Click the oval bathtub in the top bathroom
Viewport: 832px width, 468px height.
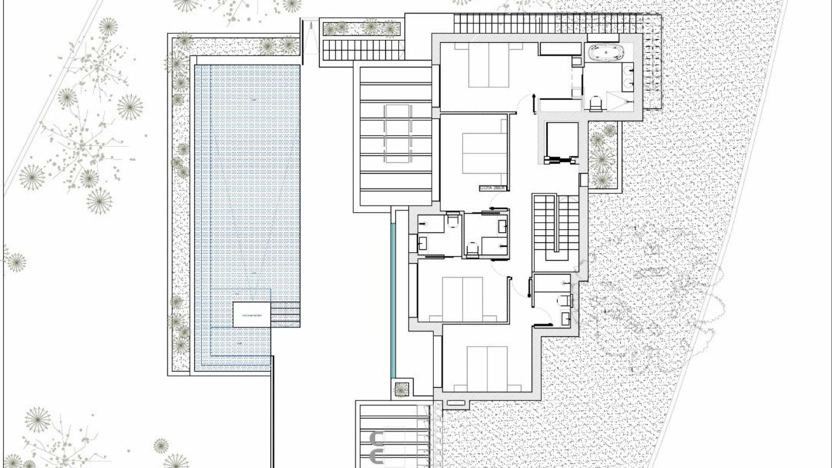pos(606,53)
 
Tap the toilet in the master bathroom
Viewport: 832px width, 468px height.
pos(596,104)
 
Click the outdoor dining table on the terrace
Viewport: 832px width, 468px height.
pos(397,133)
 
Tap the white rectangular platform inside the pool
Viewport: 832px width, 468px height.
pos(251,314)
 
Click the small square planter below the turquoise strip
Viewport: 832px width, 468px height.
pos(401,389)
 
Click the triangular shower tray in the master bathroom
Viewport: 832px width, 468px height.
pos(616,101)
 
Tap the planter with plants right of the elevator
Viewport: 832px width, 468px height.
pos(603,156)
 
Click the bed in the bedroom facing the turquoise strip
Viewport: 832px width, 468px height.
pos(462,299)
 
